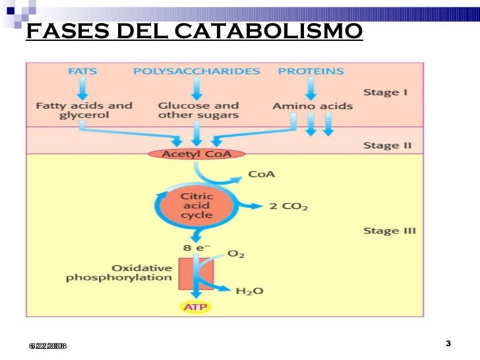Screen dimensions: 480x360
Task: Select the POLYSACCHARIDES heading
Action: pos(197,71)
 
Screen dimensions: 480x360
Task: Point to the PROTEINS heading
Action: pos(311,71)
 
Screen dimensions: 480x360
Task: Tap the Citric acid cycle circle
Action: pos(196,205)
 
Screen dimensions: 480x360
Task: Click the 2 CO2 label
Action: pos(289,206)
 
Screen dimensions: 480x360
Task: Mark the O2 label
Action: pos(236,253)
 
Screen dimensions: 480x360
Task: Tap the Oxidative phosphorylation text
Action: pos(119,273)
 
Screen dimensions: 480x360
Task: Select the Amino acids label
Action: pos(312,105)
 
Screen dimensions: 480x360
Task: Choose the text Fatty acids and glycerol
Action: pos(84,110)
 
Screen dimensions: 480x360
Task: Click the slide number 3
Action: pos(448,344)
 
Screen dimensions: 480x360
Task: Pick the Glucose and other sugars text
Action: pos(198,110)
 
